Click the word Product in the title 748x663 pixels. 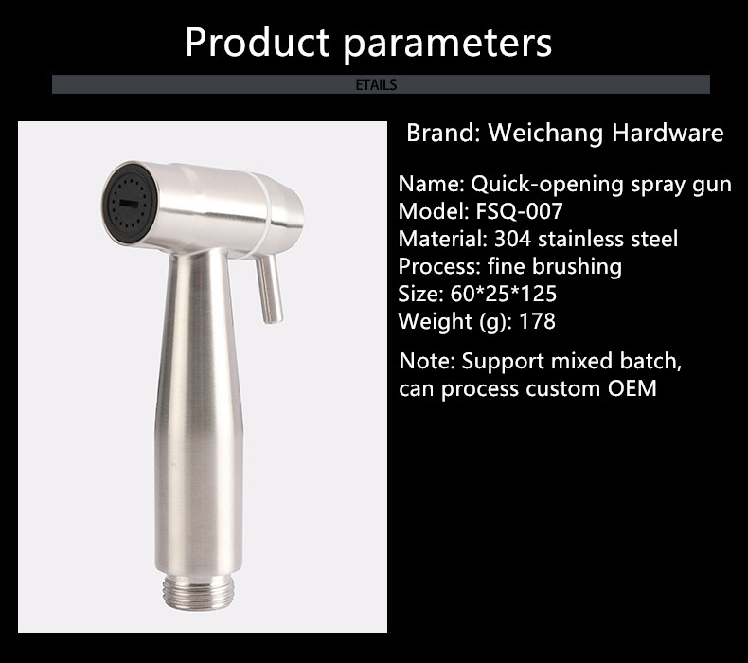[x=258, y=42]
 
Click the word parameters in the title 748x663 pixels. [x=448, y=45]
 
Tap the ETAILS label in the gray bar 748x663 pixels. [x=377, y=84]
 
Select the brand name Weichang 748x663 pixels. [x=545, y=134]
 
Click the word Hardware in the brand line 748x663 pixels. [x=668, y=133]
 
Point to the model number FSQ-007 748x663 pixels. [x=519, y=211]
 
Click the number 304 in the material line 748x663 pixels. [x=512, y=239]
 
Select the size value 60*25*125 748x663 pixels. [x=504, y=294]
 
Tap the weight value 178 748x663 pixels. [x=537, y=321]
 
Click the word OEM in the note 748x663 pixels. [x=632, y=388]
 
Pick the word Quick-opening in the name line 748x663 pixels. [x=547, y=185]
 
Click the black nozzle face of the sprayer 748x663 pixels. [x=129, y=203]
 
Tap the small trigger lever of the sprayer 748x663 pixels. [x=269, y=289]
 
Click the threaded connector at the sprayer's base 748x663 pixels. [x=198, y=592]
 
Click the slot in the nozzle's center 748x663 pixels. [x=129, y=204]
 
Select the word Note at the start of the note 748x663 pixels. [x=427, y=361]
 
